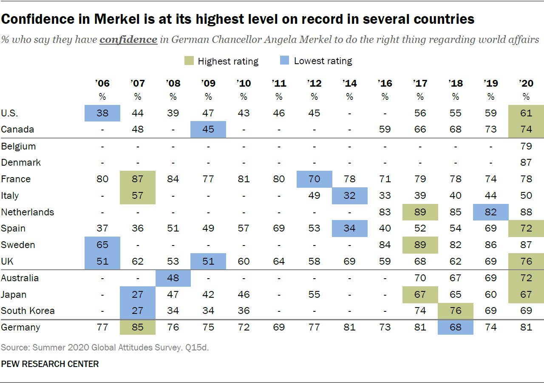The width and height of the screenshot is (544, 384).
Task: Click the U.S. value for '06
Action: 102,113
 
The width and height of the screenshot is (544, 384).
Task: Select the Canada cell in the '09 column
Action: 208,129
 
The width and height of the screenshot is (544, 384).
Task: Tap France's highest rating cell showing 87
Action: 138,179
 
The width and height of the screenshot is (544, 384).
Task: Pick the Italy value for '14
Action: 349,195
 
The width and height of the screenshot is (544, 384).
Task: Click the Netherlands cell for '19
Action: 491,212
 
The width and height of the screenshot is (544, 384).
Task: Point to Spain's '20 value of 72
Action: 526,228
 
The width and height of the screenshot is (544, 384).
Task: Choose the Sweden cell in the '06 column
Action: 102,245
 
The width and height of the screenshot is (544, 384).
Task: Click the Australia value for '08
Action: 173,278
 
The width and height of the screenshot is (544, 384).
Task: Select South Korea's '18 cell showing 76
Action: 456,311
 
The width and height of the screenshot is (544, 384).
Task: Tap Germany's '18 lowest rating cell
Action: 456,327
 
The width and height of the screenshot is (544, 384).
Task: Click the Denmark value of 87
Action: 526,162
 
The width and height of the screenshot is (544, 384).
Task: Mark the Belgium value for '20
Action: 526,146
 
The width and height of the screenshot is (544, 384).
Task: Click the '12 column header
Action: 314,83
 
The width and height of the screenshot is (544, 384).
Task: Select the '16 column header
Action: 385,83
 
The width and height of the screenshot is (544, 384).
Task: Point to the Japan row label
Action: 14,294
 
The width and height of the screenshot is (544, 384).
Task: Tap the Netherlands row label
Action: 28,212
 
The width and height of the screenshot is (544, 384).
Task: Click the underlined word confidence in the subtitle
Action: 128,40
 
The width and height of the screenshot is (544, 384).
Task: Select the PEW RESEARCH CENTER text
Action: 50,364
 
